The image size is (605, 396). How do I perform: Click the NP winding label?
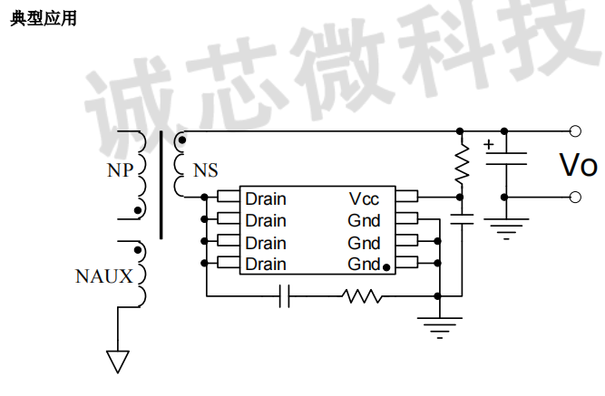pyautogui.click(x=120, y=169)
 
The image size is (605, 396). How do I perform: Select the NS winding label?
pyautogui.click(x=206, y=170)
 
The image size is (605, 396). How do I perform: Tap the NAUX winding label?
pyautogui.click(x=104, y=276)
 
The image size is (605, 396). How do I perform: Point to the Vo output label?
pyautogui.click(x=577, y=166)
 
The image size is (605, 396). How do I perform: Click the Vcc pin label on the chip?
pyautogui.click(x=364, y=198)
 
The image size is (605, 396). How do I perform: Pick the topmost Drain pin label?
pyautogui.click(x=266, y=198)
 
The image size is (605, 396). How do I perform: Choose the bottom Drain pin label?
pyautogui.click(x=266, y=265)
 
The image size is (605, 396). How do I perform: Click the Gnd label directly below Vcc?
pyautogui.click(x=364, y=220)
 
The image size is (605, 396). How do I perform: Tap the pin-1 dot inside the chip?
pyautogui.click(x=386, y=266)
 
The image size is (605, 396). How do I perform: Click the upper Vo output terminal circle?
pyautogui.click(x=574, y=130)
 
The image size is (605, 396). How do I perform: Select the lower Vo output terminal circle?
pyautogui.click(x=574, y=197)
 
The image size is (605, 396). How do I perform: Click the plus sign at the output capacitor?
pyautogui.click(x=489, y=144)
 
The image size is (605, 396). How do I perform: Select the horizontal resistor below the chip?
pyautogui.click(x=363, y=295)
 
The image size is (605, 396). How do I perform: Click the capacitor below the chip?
pyautogui.click(x=284, y=295)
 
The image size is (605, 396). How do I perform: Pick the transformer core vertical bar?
pyautogui.click(x=161, y=185)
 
